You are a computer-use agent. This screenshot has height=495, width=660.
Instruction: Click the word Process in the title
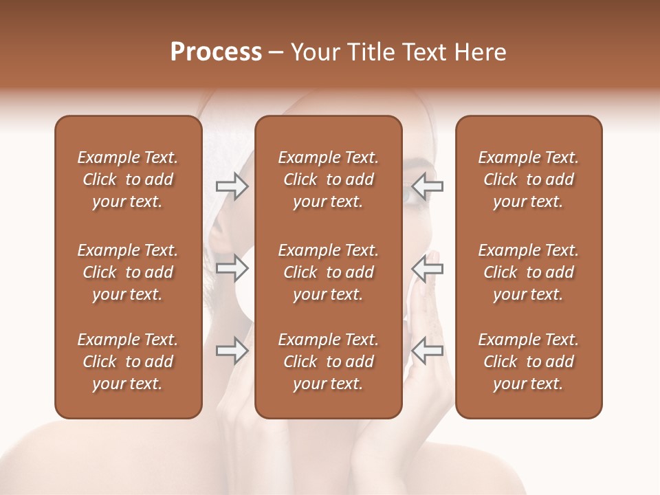(x=216, y=52)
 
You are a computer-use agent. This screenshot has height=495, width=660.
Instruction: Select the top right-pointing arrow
(x=232, y=186)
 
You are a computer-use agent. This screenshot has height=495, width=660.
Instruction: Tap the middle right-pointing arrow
(x=232, y=268)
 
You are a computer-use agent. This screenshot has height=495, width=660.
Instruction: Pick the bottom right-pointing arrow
(x=232, y=351)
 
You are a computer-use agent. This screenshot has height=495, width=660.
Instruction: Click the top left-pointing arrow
(x=428, y=186)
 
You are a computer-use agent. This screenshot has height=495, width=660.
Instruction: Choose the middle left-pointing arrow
(x=428, y=268)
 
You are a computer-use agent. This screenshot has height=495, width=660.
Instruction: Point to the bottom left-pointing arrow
(x=428, y=351)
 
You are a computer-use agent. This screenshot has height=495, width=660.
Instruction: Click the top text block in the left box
(x=128, y=179)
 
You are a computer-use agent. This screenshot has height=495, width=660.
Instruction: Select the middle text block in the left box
(x=128, y=272)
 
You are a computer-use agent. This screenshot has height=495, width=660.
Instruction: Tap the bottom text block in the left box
(x=128, y=362)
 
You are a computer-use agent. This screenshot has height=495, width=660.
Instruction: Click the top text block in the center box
(x=328, y=179)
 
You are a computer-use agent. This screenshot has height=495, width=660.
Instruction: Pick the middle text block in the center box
(x=328, y=272)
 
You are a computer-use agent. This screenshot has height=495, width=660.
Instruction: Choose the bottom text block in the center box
(x=328, y=362)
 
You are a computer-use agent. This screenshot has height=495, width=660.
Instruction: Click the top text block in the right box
(x=528, y=179)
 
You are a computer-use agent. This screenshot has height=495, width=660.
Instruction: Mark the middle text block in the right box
(x=528, y=272)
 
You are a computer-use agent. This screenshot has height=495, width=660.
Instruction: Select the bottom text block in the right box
(x=528, y=362)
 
